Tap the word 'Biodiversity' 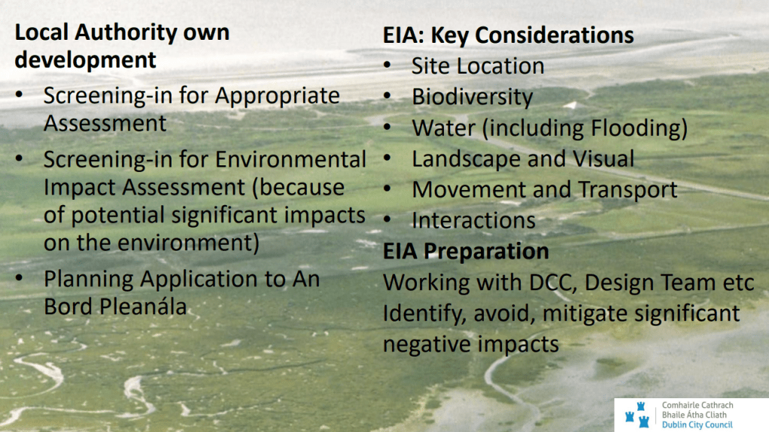(473, 97)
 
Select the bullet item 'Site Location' (478, 66)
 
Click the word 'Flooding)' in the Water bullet (639, 128)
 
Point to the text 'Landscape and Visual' (523, 159)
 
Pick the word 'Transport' (628, 189)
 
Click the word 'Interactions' (474, 220)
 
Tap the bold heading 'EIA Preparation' (466, 251)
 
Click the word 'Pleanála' (143, 307)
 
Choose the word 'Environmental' (291, 160)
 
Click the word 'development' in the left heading (85, 60)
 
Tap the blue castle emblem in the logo (637, 415)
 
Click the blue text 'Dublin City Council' (697, 424)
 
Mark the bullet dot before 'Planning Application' (19, 278)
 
